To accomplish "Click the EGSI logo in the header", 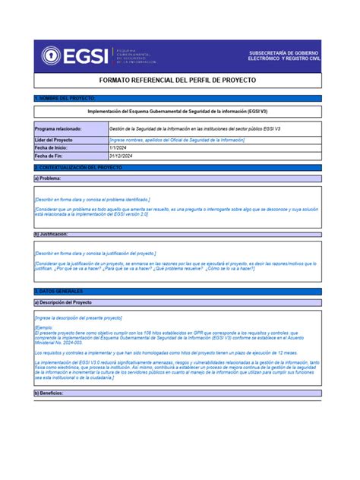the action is (x=71, y=55).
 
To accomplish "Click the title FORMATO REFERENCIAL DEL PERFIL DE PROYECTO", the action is (x=179, y=80).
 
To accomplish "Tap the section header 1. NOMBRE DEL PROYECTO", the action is (x=65, y=99).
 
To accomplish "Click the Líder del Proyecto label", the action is (x=54, y=140).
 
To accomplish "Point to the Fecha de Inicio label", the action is (x=52, y=148).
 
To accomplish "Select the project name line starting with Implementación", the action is (x=179, y=111).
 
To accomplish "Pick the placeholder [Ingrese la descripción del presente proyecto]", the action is (x=78, y=318).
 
